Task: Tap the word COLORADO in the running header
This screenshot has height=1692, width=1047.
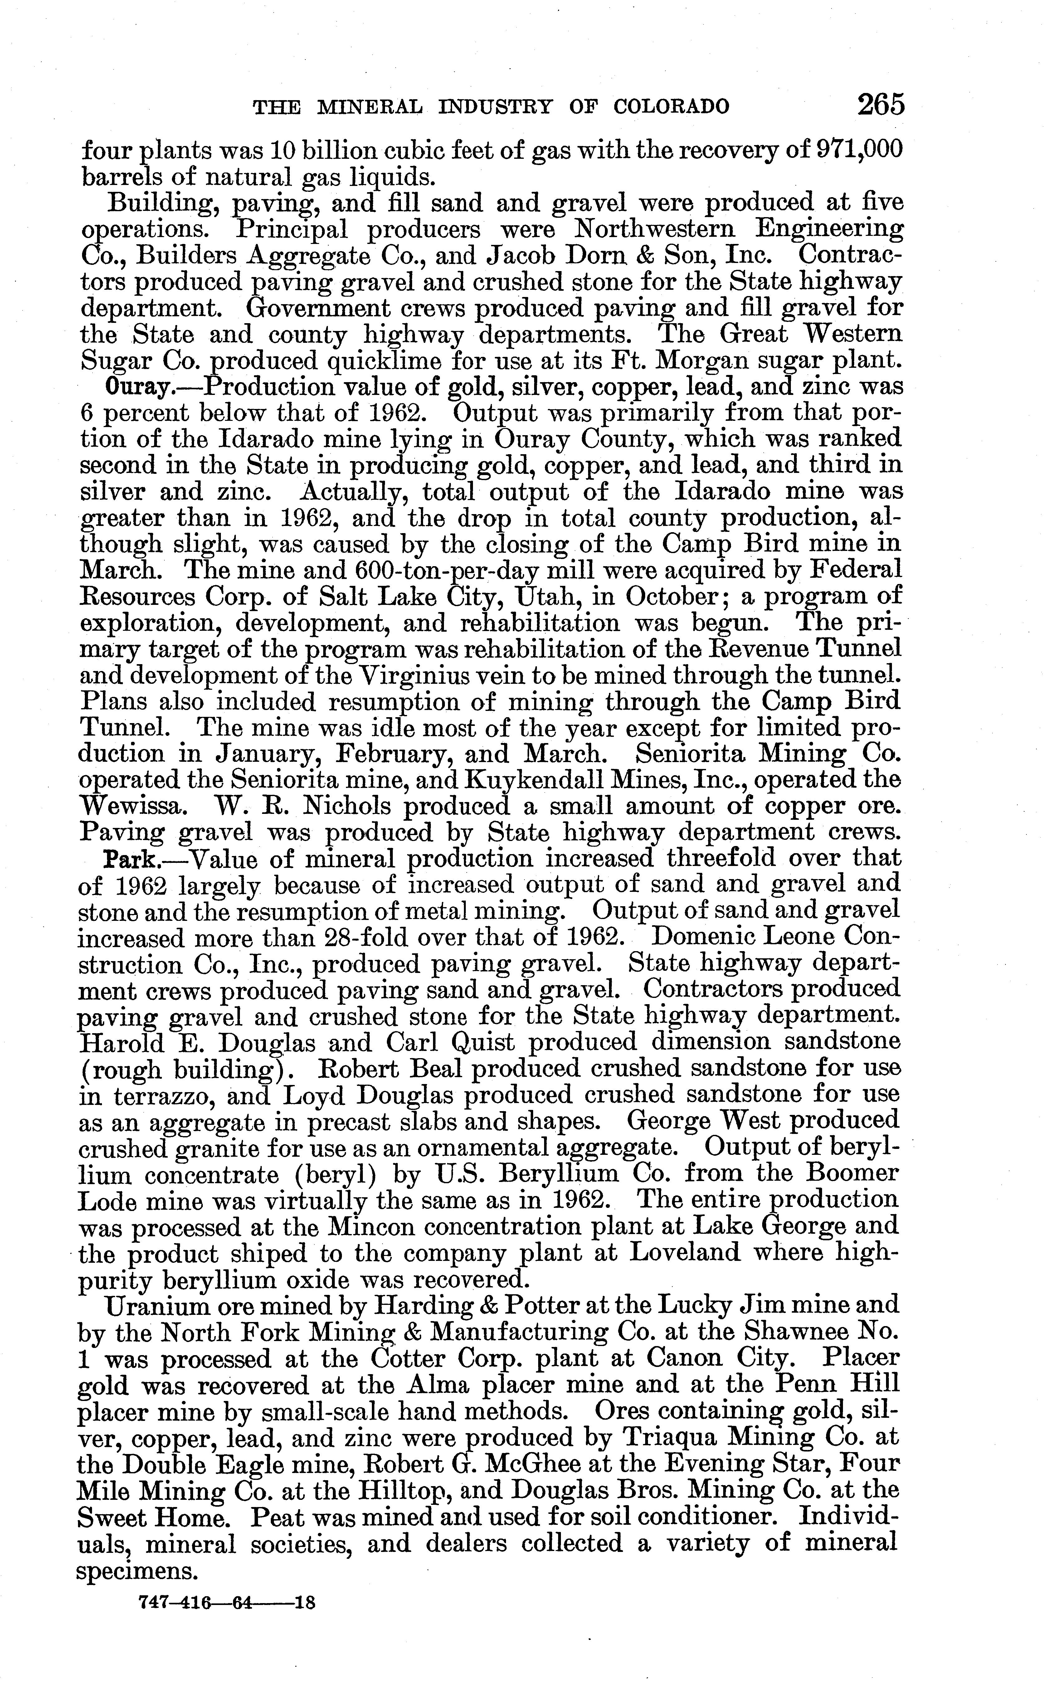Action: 672,107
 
